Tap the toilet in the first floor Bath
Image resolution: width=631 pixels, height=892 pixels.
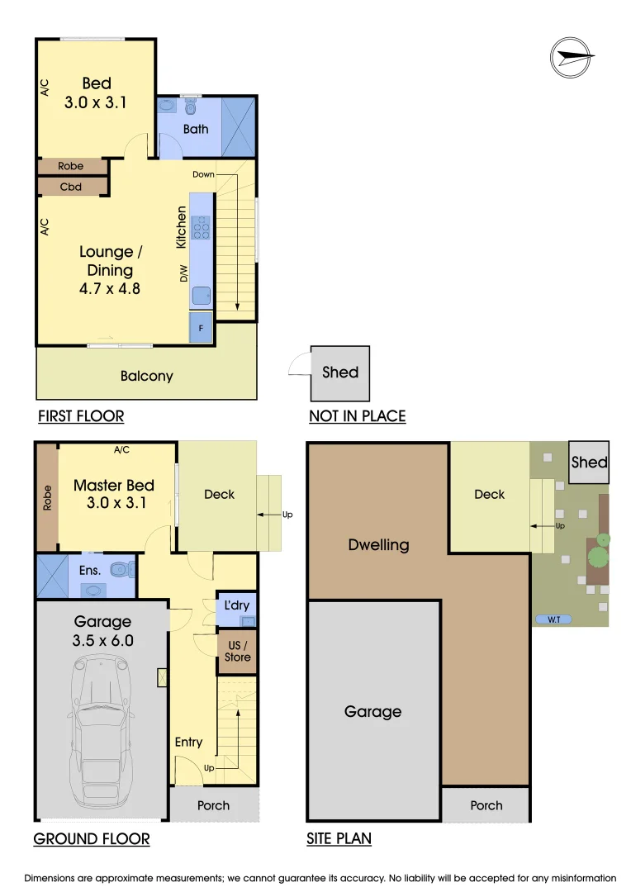click(x=191, y=107)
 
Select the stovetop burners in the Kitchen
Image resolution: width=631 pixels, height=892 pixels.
click(x=201, y=226)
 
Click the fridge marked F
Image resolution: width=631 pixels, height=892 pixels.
click(x=201, y=329)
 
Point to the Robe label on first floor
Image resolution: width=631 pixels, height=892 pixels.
click(x=71, y=166)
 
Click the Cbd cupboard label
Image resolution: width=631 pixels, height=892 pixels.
click(x=71, y=187)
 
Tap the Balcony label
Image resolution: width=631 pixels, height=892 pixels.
click(x=147, y=376)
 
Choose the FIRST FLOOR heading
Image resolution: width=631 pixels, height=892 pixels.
click(x=81, y=415)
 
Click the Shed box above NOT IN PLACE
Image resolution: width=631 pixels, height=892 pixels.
click(x=339, y=372)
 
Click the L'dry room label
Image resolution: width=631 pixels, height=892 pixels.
click(x=237, y=606)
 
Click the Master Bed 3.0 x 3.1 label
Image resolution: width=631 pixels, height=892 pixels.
click(x=114, y=494)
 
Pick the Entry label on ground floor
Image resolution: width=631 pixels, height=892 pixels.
click(x=188, y=742)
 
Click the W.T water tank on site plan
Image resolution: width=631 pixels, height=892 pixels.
click(x=554, y=619)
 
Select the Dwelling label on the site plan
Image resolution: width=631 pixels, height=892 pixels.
click(x=378, y=545)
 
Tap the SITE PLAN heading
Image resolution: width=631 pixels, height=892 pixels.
click(x=339, y=839)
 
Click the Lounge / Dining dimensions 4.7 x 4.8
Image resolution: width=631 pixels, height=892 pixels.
click(x=109, y=289)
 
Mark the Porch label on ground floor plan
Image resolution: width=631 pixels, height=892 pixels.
click(x=213, y=805)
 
